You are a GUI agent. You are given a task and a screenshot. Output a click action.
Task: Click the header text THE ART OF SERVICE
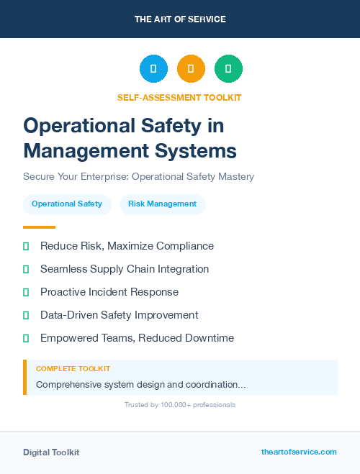click(180, 19)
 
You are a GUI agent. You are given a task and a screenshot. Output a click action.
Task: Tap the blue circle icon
click(153, 69)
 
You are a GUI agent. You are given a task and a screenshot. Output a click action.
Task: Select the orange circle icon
click(191, 69)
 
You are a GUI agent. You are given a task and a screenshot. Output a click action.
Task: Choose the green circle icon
click(228, 69)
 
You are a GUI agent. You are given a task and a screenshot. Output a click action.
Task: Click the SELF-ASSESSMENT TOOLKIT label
click(180, 97)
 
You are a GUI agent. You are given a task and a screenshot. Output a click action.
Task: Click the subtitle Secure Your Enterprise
click(138, 176)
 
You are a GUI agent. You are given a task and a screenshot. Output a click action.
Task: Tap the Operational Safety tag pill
click(67, 204)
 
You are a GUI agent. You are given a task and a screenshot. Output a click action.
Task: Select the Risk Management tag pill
click(162, 204)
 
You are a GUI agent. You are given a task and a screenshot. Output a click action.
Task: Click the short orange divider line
click(39, 227)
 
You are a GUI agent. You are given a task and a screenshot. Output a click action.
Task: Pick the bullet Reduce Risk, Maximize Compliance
click(127, 246)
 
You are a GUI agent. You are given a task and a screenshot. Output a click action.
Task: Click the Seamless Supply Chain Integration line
click(125, 269)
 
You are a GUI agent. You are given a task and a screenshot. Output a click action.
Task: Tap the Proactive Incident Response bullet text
click(109, 292)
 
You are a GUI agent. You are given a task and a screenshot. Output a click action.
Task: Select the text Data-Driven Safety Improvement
click(119, 315)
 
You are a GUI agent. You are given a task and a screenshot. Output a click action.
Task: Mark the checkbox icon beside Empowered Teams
click(26, 338)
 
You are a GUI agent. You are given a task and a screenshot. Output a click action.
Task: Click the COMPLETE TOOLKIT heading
click(73, 368)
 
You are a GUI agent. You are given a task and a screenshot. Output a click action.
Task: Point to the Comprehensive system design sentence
click(140, 385)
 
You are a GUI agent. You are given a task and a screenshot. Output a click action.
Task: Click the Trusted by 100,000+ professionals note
click(180, 405)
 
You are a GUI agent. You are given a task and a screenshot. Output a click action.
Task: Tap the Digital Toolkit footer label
click(51, 452)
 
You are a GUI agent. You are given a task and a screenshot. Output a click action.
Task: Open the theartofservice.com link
click(299, 452)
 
